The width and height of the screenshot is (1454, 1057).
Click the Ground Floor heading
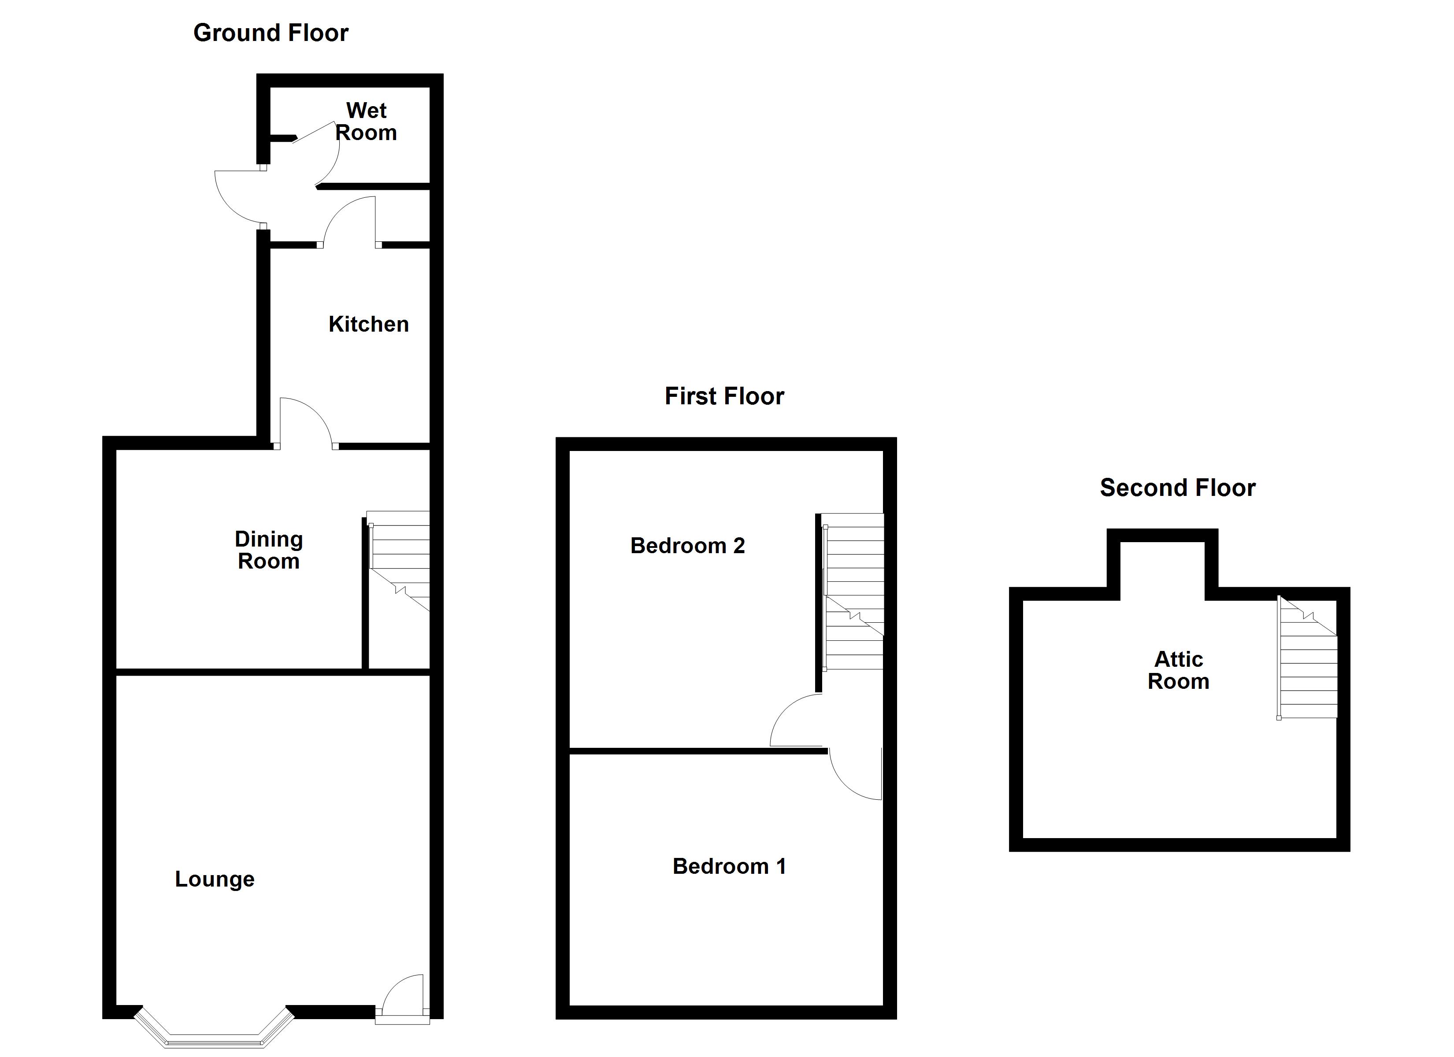tap(271, 33)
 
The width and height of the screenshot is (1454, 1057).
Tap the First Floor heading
tap(724, 396)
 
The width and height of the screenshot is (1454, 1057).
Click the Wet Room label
tap(366, 122)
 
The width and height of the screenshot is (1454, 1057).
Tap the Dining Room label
tap(269, 550)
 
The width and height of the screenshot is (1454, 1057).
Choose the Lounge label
tap(215, 879)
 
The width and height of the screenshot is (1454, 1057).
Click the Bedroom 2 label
tap(687, 546)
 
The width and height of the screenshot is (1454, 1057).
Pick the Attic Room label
tap(1178, 670)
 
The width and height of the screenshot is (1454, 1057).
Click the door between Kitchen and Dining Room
tap(304, 422)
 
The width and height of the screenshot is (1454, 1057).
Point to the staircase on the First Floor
tap(853, 590)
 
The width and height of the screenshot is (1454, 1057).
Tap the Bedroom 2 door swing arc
tap(795, 721)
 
